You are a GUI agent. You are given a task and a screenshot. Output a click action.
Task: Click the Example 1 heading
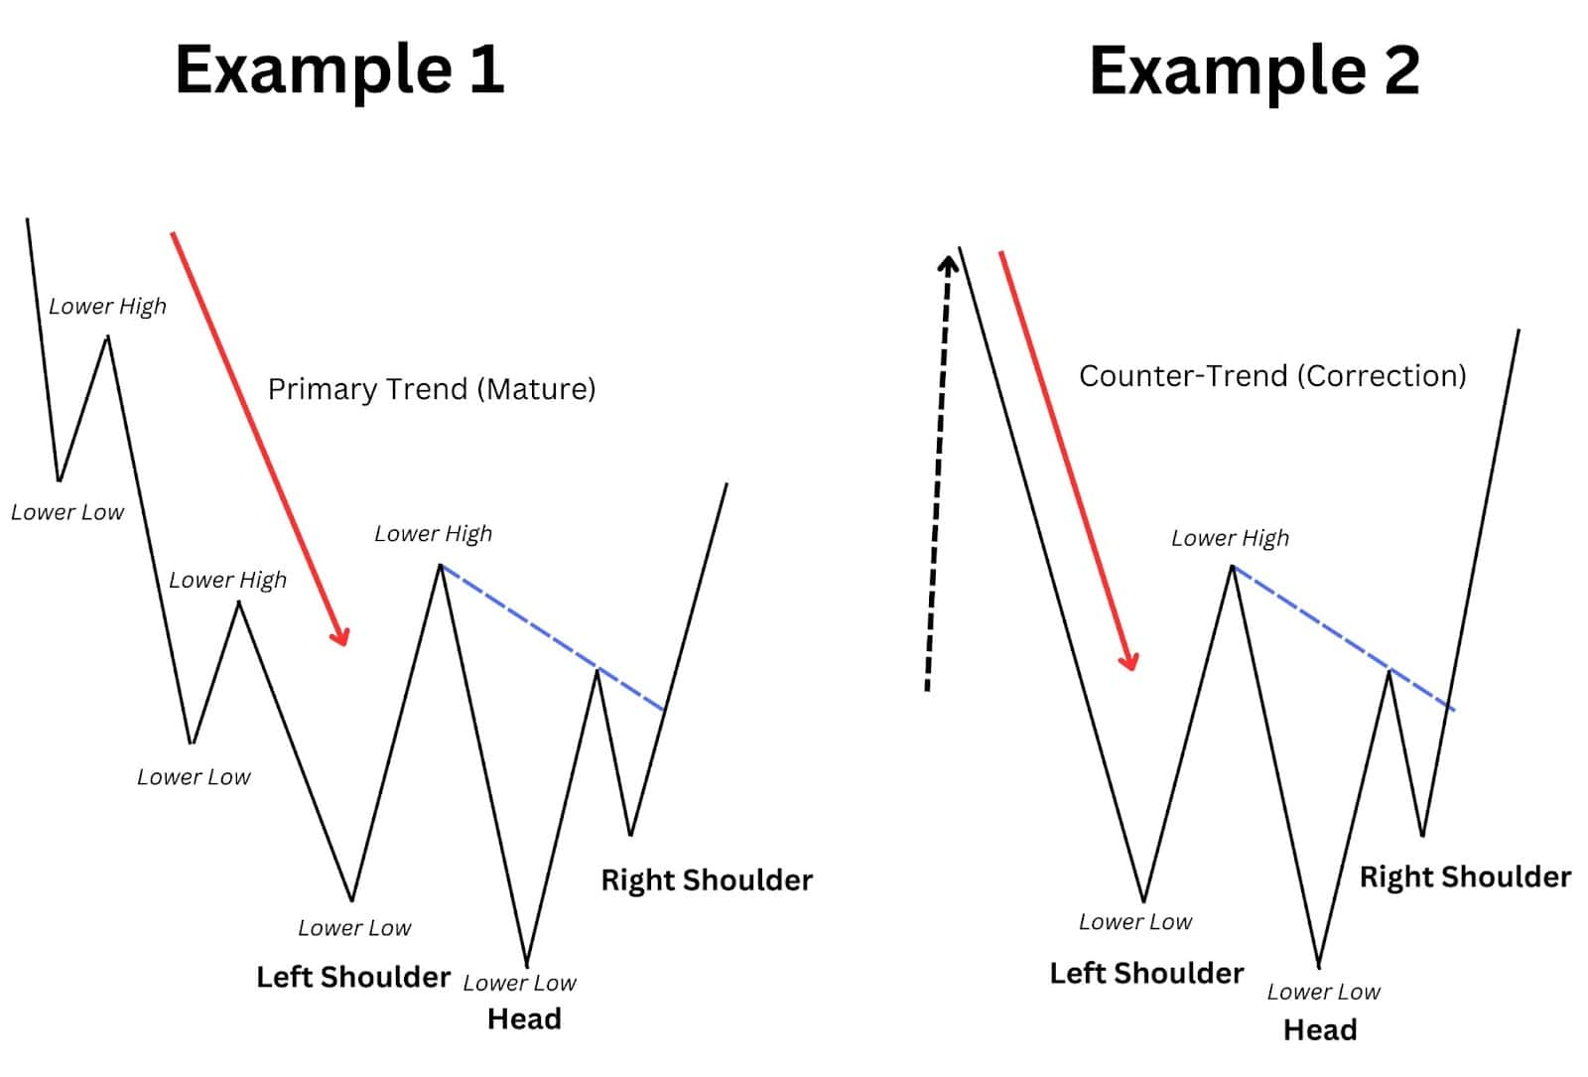(339, 69)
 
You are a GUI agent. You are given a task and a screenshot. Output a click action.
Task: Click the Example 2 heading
(1254, 69)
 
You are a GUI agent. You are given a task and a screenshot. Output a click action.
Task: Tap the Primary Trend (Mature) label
(432, 389)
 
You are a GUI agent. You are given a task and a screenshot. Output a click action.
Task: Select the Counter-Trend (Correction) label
(1272, 376)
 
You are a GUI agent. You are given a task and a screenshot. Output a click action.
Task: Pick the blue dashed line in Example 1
(552, 638)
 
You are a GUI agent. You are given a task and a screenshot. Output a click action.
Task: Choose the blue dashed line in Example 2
(1343, 637)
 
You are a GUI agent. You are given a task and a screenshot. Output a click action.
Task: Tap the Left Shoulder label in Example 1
(353, 977)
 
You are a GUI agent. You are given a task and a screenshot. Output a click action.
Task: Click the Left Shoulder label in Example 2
(1146, 973)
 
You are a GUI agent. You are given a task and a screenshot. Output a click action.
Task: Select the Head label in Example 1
(524, 1018)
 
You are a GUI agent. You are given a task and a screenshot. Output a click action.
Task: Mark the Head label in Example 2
(1320, 1030)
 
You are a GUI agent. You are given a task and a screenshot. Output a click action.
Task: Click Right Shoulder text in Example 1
(707, 880)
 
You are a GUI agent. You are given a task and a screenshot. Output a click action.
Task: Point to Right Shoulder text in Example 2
(1465, 876)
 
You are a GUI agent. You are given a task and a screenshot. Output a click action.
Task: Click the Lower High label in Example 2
(1230, 538)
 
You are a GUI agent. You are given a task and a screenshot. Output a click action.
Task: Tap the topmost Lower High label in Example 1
(107, 307)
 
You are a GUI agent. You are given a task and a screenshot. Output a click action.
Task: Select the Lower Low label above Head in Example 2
(1323, 992)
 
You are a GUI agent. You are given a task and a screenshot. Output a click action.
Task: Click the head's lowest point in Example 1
(527, 963)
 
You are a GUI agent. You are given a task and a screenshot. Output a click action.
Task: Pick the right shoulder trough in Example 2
(1422, 835)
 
